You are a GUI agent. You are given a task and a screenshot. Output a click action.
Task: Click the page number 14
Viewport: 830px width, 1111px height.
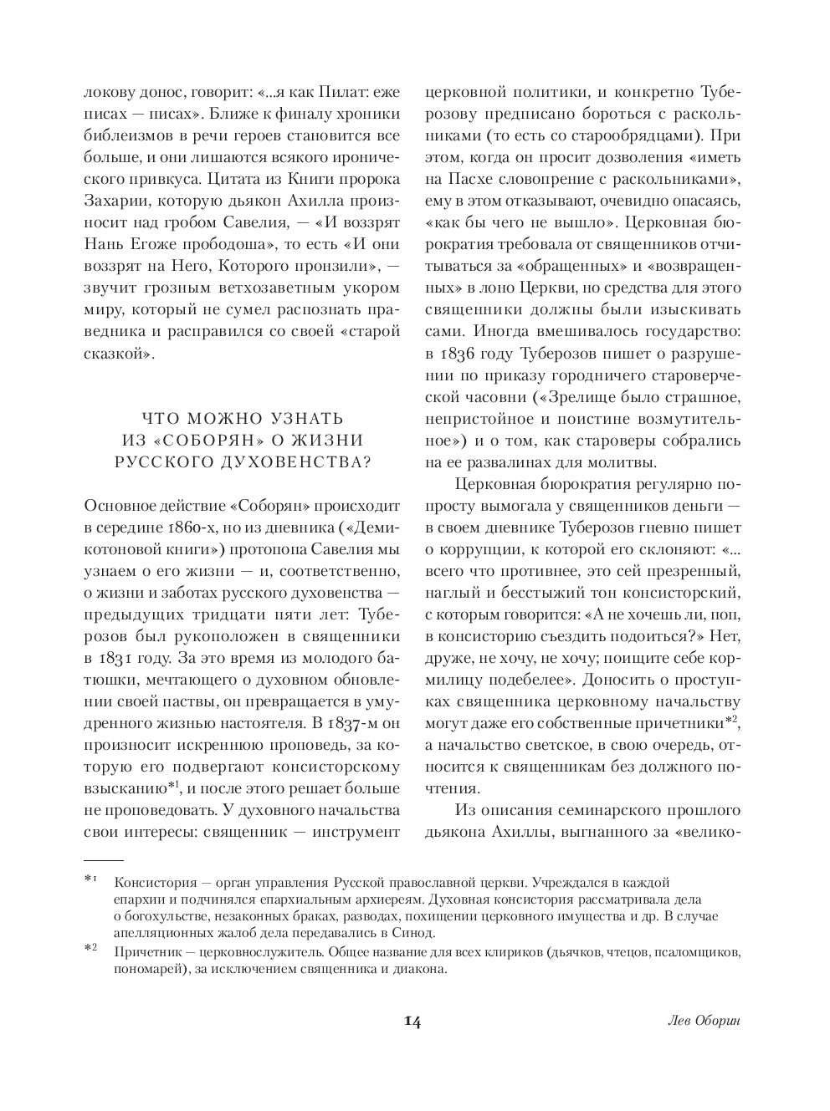click(412, 1022)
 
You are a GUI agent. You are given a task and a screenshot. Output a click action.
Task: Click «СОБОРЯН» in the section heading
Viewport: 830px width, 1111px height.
click(196, 440)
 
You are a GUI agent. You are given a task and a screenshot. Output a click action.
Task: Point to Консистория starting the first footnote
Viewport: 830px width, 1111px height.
click(155, 883)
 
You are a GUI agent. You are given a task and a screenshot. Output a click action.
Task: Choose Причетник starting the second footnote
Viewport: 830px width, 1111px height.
click(150, 952)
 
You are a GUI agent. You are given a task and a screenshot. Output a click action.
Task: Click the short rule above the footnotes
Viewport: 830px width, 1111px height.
click(104, 860)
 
